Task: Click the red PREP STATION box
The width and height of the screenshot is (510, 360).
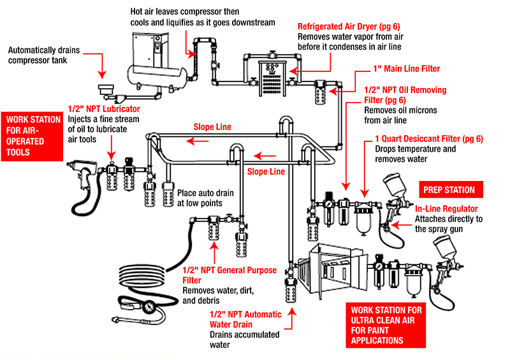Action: click(451, 189)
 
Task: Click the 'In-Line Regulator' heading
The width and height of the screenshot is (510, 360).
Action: click(446, 208)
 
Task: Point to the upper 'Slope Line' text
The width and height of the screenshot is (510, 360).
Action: click(213, 127)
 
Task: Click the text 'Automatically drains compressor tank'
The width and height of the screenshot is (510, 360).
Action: click(50, 54)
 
